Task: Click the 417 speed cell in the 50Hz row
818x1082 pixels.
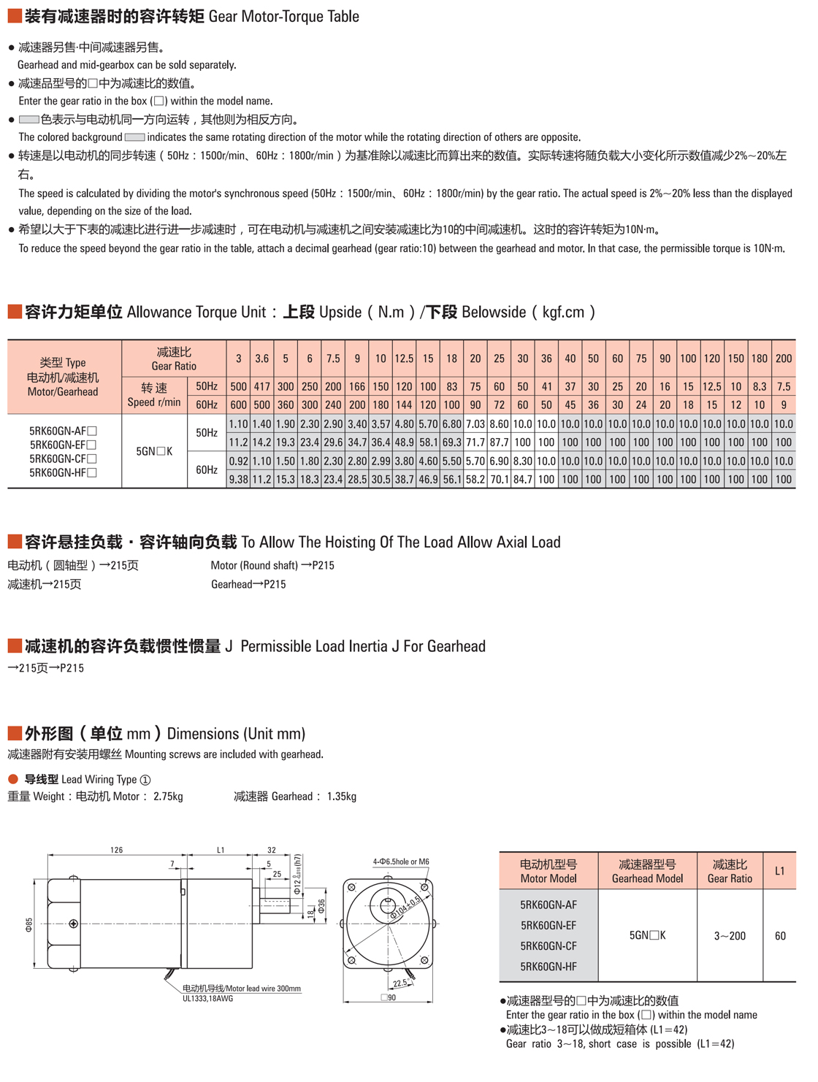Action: pyautogui.click(x=261, y=387)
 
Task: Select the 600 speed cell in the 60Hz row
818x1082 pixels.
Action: pyautogui.click(x=238, y=404)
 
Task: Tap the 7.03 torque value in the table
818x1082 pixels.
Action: pyautogui.click(x=475, y=424)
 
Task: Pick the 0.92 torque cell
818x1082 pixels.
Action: pyautogui.click(x=238, y=461)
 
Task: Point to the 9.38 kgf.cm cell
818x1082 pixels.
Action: pyautogui.click(x=238, y=480)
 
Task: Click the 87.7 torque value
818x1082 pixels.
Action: pyautogui.click(x=499, y=442)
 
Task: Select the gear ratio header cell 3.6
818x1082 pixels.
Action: pyautogui.click(x=261, y=358)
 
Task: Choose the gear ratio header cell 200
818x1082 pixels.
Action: pyautogui.click(x=784, y=358)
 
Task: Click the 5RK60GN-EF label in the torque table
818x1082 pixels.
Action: pyautogui.click(x=63, y=445)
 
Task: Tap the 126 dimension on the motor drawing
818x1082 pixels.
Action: pyautogui.click(x=116, y=850)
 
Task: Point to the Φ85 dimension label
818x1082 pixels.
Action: pyautogui.click(x=29, y=924)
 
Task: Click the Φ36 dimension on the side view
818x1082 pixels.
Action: pyautogui.click(x=322, y=906)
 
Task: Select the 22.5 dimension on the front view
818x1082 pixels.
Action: pyautogui.click(x=400, y=983)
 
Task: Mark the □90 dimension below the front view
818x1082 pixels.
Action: pyautogui.click(x=389, y=997)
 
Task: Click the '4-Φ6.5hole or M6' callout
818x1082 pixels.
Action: pyautogui.click(x=401, y=862)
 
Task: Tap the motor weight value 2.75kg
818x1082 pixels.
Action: pyautogui.click(x=168, y=797)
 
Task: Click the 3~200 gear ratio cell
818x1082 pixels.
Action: pyautogui.click(x=730, y=936)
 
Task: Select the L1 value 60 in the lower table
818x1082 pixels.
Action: pyautogui.click(x=780, y=936)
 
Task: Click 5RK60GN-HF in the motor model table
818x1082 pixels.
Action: pyautogui.click(x=548, y=967)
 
